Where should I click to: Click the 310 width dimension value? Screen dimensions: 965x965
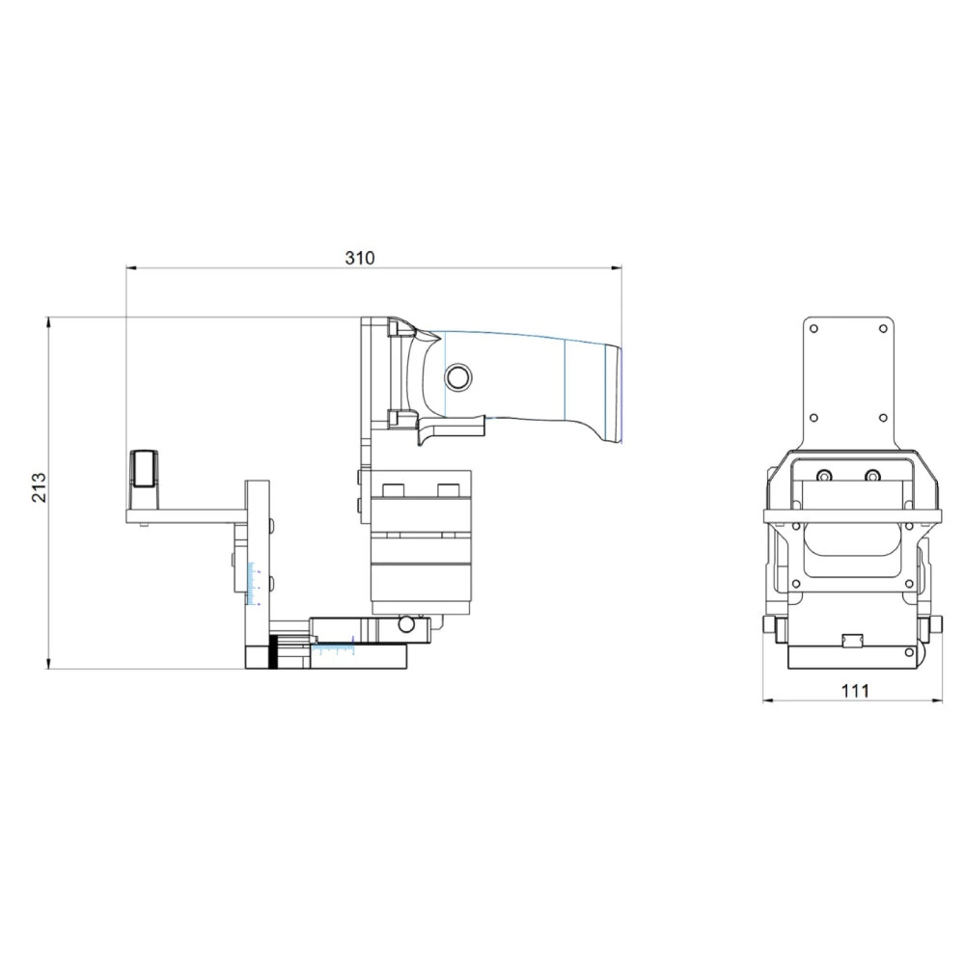click(x=359, y=258)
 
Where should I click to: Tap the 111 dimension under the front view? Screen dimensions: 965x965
click(x=855, y=690)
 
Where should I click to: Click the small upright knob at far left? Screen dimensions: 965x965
click(x=144, y=469)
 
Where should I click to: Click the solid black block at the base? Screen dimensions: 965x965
click(x=275, y=652)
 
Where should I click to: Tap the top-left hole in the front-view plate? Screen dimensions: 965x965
click(x=814, y=329)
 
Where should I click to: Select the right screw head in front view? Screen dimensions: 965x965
click(x=872, y=476)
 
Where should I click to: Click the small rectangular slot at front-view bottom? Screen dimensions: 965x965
click(x=851, y=640)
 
